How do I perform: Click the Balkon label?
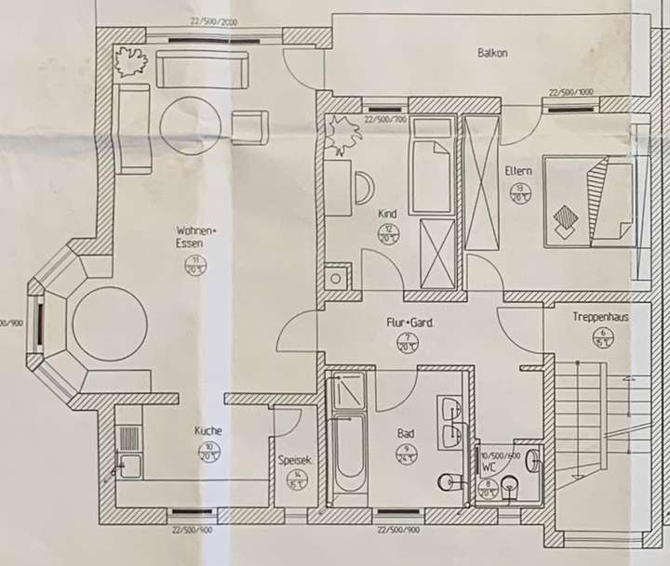coord(492,54)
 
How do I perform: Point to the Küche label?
coord(208,431)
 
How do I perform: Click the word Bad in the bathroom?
coord(407,434)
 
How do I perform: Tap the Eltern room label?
coord(518,171)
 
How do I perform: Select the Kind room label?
coord(388,213)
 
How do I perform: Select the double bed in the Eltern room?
coord(588,201)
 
